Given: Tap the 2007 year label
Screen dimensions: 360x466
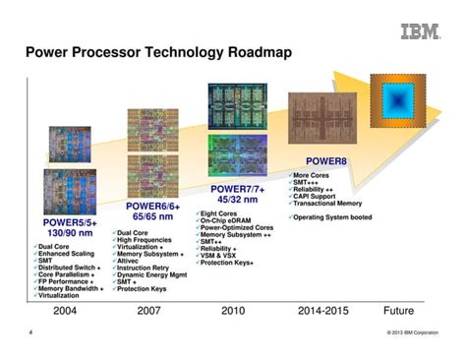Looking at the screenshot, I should click(150, 311).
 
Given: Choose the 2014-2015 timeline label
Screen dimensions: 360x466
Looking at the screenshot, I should click(323, 311).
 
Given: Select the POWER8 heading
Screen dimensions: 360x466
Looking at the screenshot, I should click(326, 160).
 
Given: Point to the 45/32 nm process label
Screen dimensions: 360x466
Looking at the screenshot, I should click(240, 201).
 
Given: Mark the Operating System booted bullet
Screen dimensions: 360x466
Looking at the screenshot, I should click(333, 216).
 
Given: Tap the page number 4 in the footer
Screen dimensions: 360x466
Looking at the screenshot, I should click(30, 333).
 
